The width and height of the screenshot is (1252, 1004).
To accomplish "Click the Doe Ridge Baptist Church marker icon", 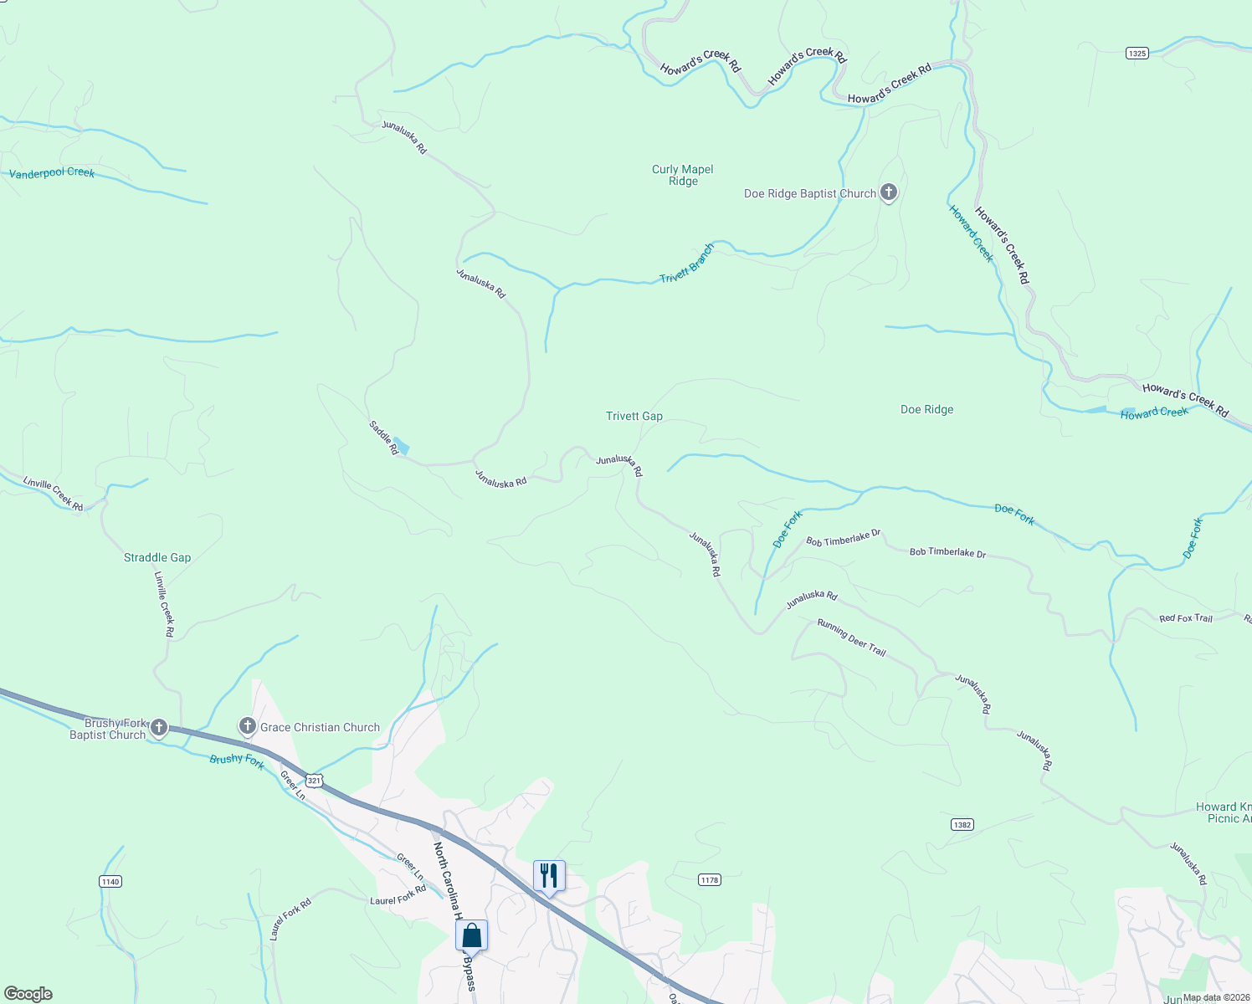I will click(x=889, y=192).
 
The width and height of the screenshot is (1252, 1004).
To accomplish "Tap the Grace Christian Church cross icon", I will click(x=247, y=725).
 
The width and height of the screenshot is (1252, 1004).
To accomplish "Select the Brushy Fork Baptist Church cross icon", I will click(x=159, y=727).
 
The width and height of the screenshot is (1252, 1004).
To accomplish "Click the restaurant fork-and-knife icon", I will click(x=549, y=876).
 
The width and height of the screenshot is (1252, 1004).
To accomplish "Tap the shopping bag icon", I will click(x=471, y=935).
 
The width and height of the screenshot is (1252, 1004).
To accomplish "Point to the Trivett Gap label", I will click(x=634, y=416).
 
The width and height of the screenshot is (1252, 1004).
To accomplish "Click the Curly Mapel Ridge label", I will click(x=683, y=175).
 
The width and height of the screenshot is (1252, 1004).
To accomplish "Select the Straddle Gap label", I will click(x=157, y=557).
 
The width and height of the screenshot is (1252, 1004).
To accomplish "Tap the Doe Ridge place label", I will click(x=926, y=409).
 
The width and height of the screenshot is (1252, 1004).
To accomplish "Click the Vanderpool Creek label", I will click(x=52, y=173).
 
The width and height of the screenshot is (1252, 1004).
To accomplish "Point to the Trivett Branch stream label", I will click(x=686, y=264).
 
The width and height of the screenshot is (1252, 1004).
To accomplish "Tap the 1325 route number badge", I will click(x=1137, y=54).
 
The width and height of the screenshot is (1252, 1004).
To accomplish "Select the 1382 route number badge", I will click(x=962, y=825).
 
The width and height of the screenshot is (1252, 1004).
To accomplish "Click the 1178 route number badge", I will click(x=710, y=879).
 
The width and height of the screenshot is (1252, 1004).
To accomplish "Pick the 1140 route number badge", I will click(x=110, y=881).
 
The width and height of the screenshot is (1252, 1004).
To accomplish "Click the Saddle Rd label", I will click(x=383, y=437).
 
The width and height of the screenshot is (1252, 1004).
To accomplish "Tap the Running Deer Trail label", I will click(x=851, y=638).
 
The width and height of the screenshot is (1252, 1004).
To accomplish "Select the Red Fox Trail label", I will click(x=1185, y=618).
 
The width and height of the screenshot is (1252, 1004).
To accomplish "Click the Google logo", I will click(x=28, y=994).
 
